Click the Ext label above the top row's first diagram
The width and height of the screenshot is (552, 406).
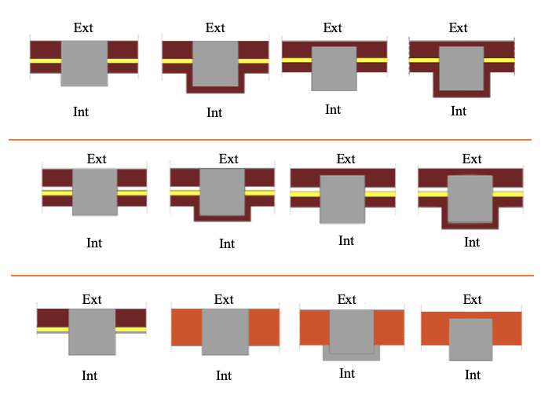[x=83, y=27]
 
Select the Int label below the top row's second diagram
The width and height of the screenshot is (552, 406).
[x=214, y=112]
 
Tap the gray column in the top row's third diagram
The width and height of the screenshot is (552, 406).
[x=334, y=68]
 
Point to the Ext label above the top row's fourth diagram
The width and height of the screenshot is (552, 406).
[x=459, y=27]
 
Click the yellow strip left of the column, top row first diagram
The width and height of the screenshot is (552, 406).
[x=46, y=60]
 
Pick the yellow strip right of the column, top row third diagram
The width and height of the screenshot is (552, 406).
[x=371, y=59]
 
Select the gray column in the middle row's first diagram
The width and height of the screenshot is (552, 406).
[x=95, y=192]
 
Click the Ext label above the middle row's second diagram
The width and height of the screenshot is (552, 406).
[x=228, y=159]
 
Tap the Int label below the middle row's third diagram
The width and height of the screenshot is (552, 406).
[x=346, y=240]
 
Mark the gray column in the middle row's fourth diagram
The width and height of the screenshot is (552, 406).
[x=470, y=198]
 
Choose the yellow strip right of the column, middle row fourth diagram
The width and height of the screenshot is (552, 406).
[x=507, y=192]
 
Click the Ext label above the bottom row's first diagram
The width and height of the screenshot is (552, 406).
[x=93, y=299]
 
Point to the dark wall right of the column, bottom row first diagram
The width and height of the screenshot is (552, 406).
[x=131, y=317]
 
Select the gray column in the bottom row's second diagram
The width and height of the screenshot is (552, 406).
[x=225, y=331]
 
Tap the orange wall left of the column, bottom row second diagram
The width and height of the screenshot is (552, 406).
[x=186, y=327]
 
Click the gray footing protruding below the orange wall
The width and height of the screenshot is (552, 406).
[x=351, y=355]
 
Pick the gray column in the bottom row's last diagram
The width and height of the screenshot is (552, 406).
[x=470, y=339]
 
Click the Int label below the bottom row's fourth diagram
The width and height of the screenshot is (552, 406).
[x=472, y=375]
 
